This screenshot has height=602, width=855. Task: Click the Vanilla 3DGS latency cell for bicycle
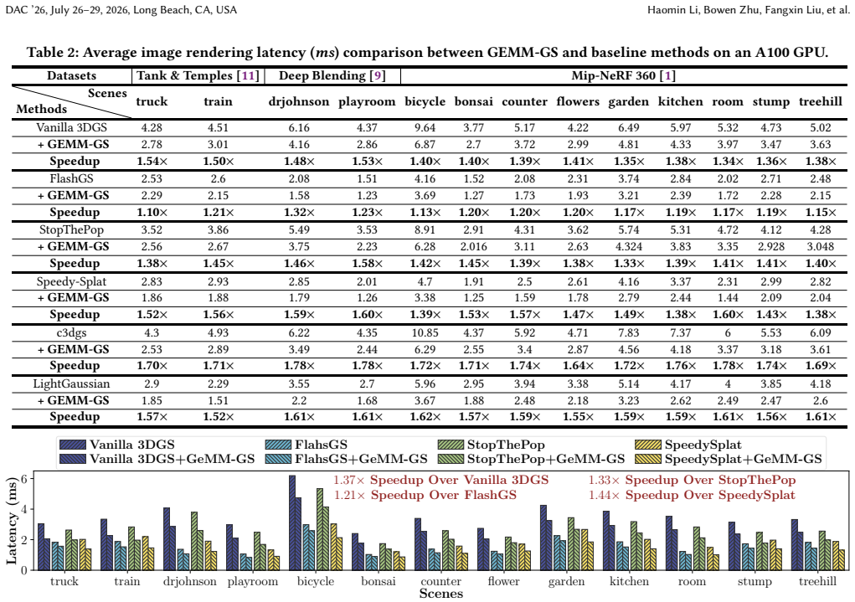[x=425, y=127]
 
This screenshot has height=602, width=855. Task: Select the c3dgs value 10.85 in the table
[x=425, y=332]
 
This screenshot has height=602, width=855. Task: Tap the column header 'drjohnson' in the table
[x=299, y=102]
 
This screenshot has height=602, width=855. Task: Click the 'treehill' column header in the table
[x=820, y=102]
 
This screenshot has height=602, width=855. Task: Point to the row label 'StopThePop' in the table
[x=71, y=229]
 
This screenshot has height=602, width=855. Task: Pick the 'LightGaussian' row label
[x=71, y=383]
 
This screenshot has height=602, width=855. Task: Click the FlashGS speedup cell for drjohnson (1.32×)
[x=299, y=212]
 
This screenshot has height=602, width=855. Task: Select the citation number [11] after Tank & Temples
[x=248, y=76]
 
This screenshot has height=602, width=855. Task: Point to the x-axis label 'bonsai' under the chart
[x=379, y=582]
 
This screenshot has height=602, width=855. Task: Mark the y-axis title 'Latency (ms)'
[x=12, y=522]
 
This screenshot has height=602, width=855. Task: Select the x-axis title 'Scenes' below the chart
[x=441, y=594]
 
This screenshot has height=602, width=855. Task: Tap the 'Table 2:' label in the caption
[x=53, y=53]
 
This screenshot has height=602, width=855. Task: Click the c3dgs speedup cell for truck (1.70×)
[x=152, y=366]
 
